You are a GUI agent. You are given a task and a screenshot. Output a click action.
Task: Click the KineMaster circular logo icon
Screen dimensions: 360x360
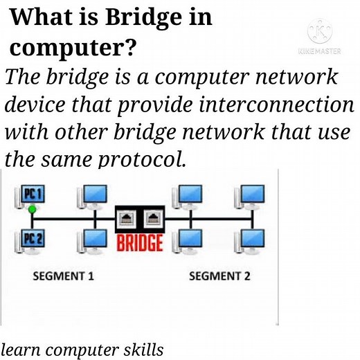point(320,32)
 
